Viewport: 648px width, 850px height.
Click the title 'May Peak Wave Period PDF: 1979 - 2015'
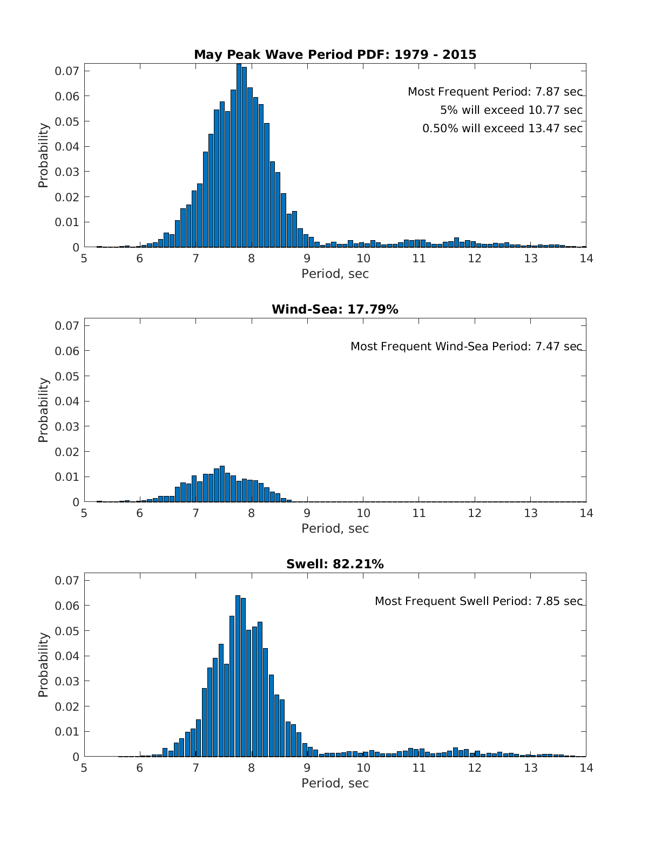pos(335,55)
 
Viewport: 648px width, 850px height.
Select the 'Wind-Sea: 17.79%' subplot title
pos(335,309)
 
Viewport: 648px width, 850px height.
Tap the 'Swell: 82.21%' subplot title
pos(335,564)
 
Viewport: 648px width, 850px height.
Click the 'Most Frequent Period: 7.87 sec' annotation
pos(495,92)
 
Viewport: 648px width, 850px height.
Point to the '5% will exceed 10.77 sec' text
pos(511,110)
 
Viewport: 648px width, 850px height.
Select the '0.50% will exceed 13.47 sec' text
pos(502,128)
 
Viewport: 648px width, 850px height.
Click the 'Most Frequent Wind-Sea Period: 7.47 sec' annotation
pos(466,346)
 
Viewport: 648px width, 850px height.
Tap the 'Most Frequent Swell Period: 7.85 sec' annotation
pos(478,601)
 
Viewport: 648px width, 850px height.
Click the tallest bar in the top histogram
pos(239,157)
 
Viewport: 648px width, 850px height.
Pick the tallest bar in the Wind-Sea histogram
pos(222,484)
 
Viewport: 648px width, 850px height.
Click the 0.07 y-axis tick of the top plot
pos(67,71)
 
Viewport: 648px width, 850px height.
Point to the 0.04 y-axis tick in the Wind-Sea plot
pos(67,401)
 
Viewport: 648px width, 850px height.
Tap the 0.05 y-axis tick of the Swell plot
pos(67,631)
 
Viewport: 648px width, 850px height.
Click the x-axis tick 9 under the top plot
pos(307,259)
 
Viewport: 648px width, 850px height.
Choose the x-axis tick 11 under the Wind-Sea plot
pos(419,513)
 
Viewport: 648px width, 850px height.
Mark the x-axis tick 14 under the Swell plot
pos(586,768)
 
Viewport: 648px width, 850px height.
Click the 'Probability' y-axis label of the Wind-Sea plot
pos(43,410)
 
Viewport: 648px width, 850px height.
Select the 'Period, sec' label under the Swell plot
pos(335,783)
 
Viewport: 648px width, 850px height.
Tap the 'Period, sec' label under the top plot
pos(335,274)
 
